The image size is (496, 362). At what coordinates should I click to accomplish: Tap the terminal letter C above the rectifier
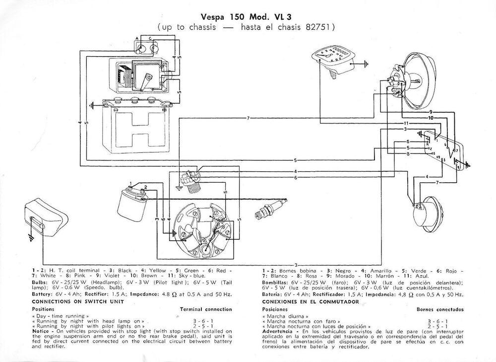(151, 38)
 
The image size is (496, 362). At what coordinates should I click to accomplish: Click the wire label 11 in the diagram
(405, 123)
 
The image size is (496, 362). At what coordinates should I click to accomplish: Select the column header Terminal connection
(205, 309)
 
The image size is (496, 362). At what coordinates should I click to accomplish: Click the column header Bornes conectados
(438, 309)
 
